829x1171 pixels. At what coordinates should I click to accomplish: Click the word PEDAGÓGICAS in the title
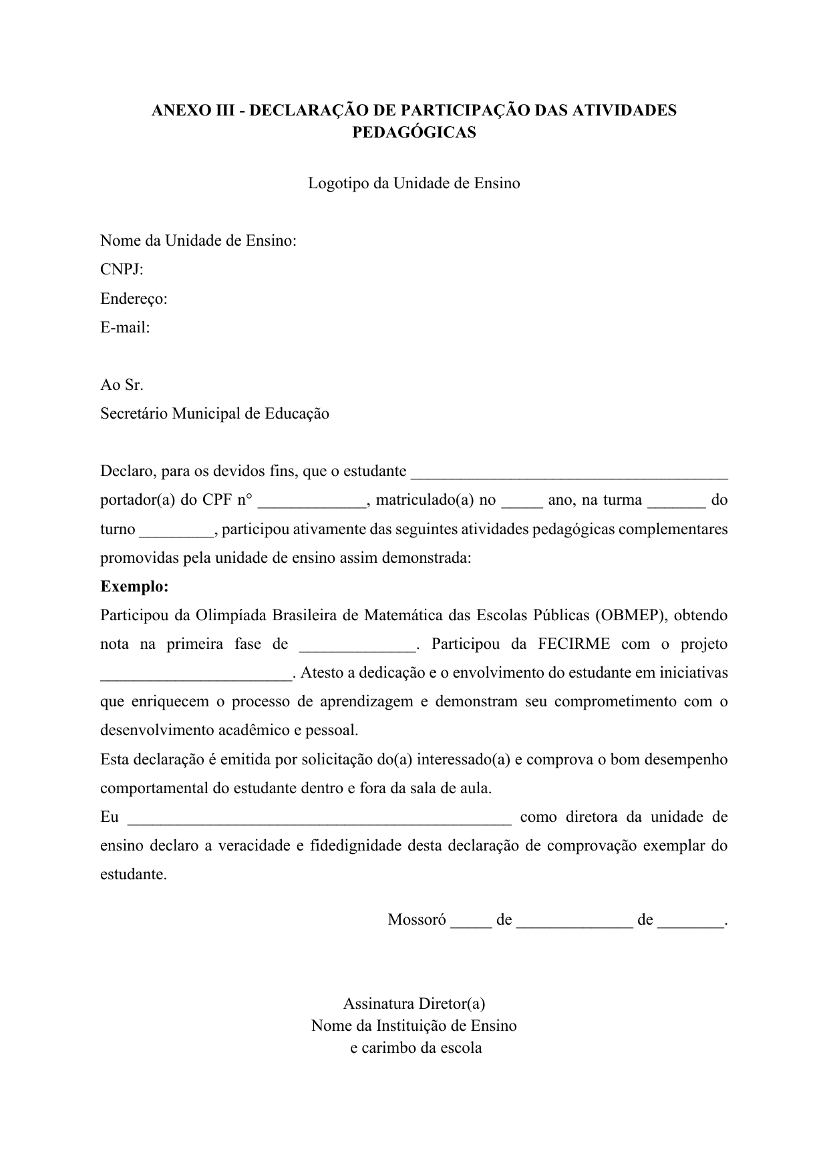(413, 132)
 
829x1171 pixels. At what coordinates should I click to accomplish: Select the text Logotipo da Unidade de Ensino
(413, 183)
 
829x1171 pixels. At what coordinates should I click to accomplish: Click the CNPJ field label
(122, 270)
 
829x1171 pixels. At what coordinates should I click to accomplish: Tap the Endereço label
(134, 298)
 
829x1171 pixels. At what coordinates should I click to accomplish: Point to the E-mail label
(125, 327)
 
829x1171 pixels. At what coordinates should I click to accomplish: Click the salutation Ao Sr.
(122, 385)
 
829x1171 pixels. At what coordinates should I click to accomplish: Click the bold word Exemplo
(134, 587)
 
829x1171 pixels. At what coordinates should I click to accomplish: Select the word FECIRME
(574, 644)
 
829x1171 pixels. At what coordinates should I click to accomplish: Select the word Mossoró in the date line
(416, 920)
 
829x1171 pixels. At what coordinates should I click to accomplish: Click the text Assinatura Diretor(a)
(413, 1003)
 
